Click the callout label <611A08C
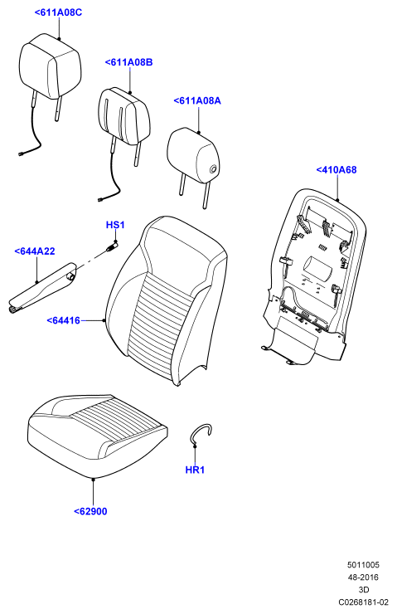click(58, 12)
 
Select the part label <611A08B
click(128, 62)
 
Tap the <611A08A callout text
click(197, 100)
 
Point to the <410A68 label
click(336, 169)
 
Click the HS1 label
click(115, 225)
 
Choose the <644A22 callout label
click(35, 251)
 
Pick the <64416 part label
click(63, 320)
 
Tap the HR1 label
click(195, 470)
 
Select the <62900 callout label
click(90, 511)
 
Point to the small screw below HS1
click(112, 246)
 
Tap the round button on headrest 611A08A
click(214, 169)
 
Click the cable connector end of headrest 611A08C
click(21, 153)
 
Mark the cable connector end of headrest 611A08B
click(100, 200)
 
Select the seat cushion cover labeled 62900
click(98, 436)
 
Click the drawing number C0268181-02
click(363, 602)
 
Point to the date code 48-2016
click(363, 577)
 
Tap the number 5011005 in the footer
click(363, 565)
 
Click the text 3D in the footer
click(364, 589)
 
